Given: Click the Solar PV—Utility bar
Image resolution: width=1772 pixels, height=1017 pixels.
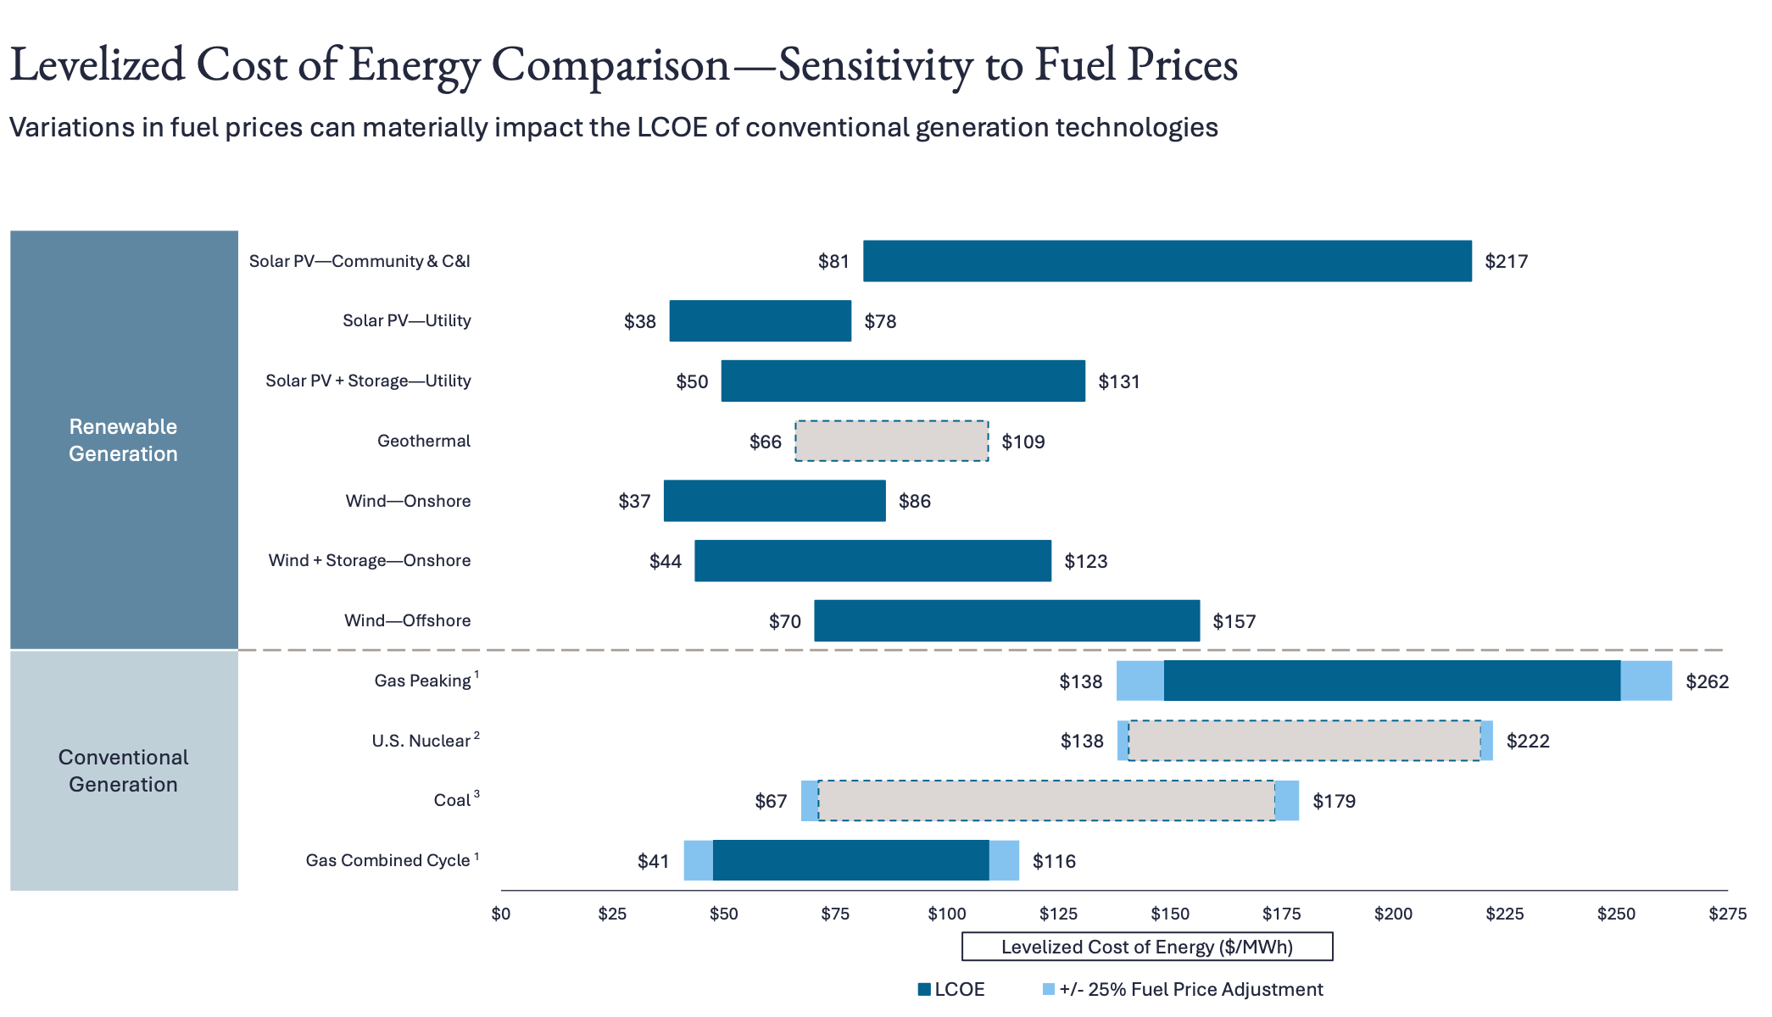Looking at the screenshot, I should (x=760, y=321).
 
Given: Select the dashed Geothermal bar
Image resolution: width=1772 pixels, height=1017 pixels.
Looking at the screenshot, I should (x=891, y=441).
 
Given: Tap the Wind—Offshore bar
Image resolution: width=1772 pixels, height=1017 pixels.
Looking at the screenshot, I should (x=1006, y=621).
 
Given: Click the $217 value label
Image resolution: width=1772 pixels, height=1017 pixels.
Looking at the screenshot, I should (x=1506, y=262).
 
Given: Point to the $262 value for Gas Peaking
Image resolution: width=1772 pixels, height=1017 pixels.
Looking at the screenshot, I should (x=1707, y=681).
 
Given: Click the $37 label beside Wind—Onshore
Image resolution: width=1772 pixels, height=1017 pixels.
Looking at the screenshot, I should (x=634, y=501).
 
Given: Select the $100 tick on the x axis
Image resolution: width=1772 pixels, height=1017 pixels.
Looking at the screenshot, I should (x=946, y=914).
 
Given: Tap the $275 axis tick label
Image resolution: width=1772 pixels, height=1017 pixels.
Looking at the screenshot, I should (x=1727, y=914).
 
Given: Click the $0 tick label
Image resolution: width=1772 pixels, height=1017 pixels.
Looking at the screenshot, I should (x=501, y=914).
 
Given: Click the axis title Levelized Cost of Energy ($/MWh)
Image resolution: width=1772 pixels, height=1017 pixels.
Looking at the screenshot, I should (x=1146, y=947).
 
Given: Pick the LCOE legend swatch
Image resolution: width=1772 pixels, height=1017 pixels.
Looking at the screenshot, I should (x=924, y=989).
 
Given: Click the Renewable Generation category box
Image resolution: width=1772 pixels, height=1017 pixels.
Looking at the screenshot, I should (x=124, y=440).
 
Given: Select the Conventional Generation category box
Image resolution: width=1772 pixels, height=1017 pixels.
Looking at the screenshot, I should (x=124, y=770).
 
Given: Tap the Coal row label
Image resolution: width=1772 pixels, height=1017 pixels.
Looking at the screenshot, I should (x=452, y=801).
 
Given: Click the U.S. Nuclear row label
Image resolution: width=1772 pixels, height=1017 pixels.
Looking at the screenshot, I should (x=421, y=741).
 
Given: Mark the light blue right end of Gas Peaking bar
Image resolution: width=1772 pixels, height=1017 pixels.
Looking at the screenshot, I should (x=1646, y=681).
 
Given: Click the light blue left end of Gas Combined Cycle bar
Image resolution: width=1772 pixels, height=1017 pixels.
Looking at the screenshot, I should (x=698, y=860).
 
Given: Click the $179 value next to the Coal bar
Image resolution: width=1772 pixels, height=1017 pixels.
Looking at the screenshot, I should (x=1334, y=802).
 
